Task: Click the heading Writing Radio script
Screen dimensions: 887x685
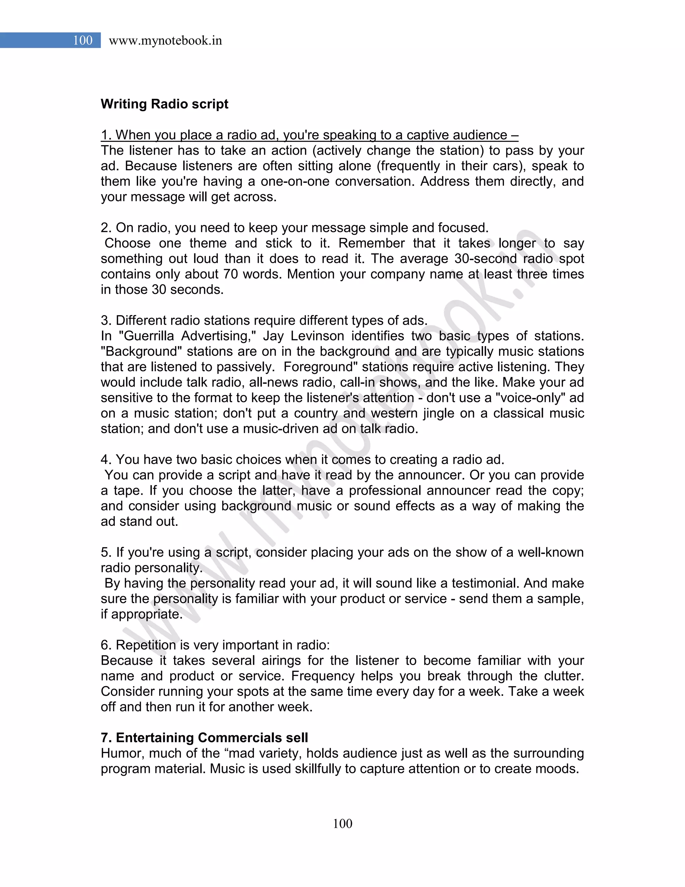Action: [x=164, y=104]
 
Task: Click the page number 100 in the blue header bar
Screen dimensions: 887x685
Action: [x=83, y=40]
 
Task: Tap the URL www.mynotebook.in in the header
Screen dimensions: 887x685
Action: [x=165, y=41]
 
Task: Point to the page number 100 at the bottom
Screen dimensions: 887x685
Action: [x=342, y=823]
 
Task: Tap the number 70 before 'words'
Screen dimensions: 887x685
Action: [x=230, y=274]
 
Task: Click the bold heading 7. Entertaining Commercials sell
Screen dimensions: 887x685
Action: [x=204, y=737]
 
